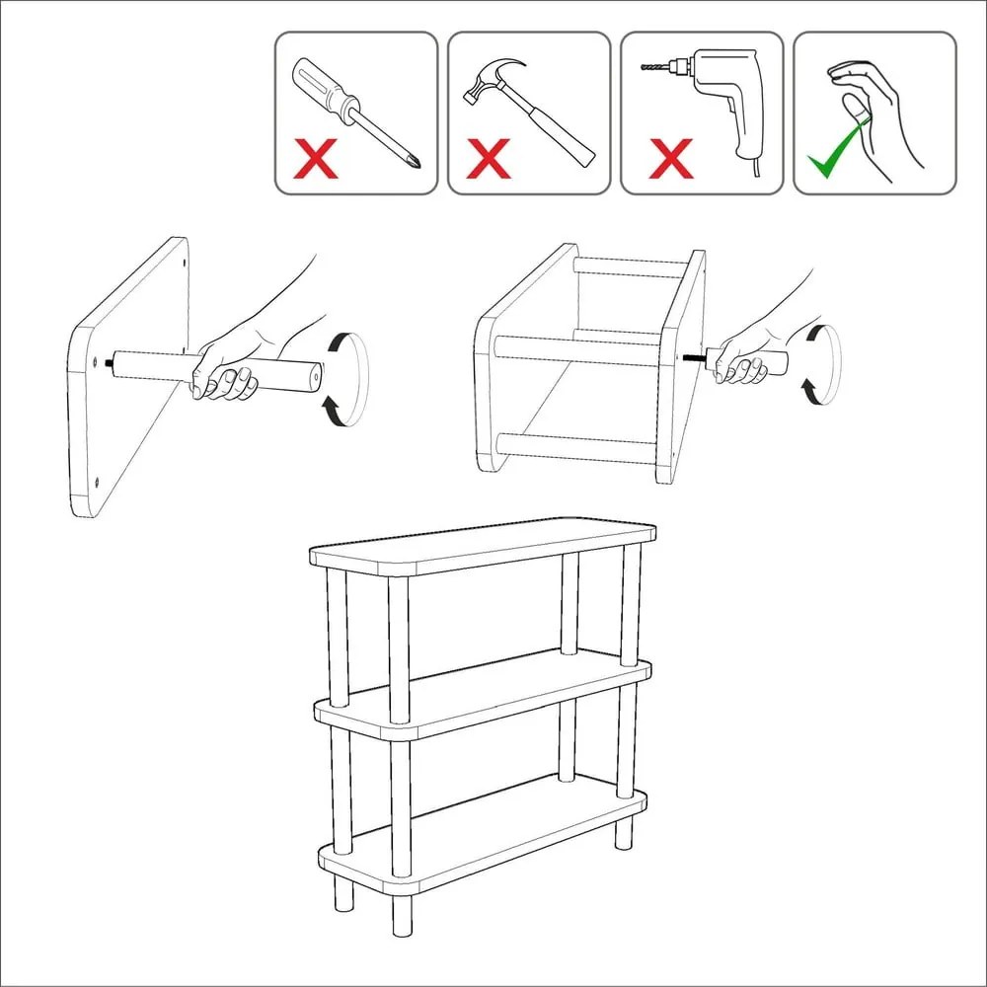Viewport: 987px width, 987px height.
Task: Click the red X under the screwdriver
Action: pos(313,157)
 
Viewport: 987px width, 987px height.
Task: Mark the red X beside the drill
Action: pos(671,158)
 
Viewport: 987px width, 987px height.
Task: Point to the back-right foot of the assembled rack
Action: pos(624,833)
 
